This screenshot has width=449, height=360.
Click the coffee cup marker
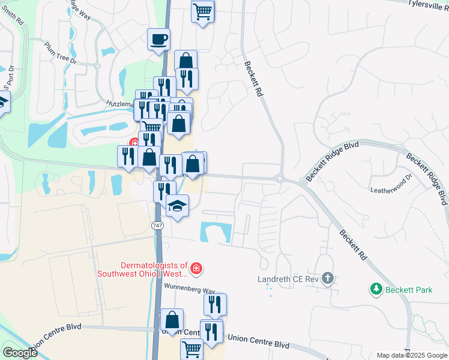(x=159, y=40)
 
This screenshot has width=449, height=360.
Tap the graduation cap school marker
(x=177, y=206)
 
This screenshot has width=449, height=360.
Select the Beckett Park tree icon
(x=376, y=289)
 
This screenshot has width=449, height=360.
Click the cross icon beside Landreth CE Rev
(x=327, y=278)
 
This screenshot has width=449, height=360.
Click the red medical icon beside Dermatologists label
(x=197, y=269)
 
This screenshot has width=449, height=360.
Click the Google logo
(x=20, y=353)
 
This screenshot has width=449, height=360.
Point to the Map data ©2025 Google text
(x=412, y=355)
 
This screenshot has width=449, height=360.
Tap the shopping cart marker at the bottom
(x=192, y=349)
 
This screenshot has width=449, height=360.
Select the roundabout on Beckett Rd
(x=280, y=178)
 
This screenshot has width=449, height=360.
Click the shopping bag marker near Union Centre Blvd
(x=172, y=319)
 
